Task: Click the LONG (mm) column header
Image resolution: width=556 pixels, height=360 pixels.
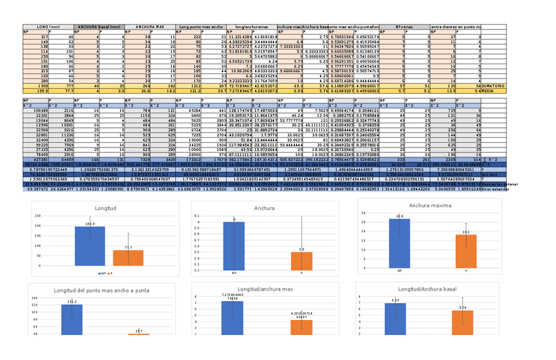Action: (x=48, y=27)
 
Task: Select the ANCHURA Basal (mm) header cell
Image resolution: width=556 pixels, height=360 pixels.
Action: (x=98, y=27)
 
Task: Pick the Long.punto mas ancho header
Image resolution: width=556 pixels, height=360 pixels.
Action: (x=201, y=27)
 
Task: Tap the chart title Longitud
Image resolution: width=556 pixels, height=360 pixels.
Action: (x=105, y=208)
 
